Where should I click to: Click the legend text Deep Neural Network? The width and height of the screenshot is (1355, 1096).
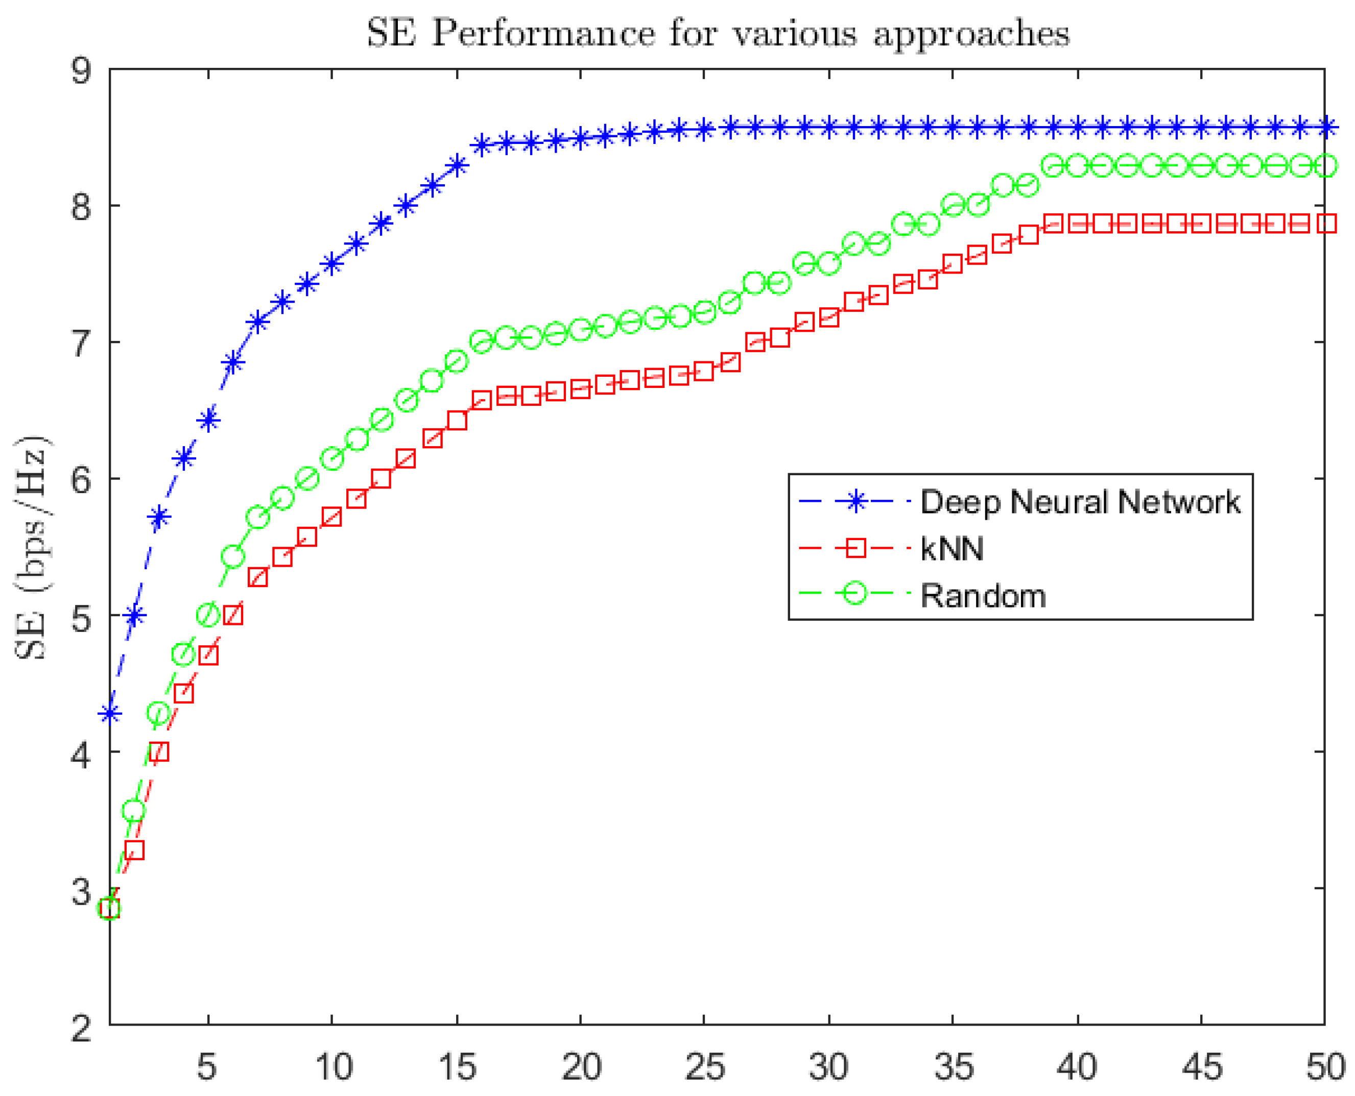coord(1080,502)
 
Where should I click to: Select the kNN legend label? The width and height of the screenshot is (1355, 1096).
coord(952,549)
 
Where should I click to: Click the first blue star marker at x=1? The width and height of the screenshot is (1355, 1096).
coord(110,714)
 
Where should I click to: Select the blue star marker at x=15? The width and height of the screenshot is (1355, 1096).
coord(457,166)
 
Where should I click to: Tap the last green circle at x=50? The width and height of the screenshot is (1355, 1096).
coord(1325,166)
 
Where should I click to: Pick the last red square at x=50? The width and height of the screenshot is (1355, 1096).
coord(1325,224)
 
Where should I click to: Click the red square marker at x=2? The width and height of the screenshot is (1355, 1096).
coord(134,850)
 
